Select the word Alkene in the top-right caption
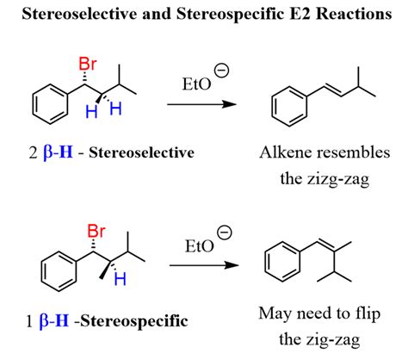(287, 152)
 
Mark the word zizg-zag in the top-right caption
(340, 174)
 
